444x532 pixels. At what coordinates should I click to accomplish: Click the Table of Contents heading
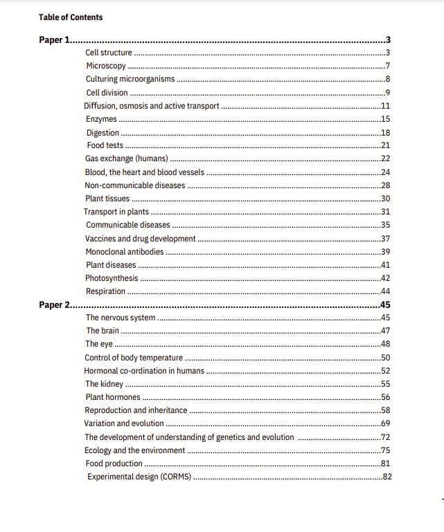[71, 17]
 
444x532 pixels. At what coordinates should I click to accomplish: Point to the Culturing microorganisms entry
[130, 79]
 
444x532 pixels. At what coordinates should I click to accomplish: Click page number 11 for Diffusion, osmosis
[386, 106]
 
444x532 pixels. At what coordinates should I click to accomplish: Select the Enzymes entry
[101, 119]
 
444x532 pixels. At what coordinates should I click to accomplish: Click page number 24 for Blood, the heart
[386, 172]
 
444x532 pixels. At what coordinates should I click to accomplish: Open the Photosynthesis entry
[112, 278]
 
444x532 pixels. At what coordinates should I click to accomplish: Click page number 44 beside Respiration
[386, 291]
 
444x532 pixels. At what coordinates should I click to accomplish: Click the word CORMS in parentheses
[176, 477]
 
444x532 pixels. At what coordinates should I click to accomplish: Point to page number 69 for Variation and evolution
[386, 423]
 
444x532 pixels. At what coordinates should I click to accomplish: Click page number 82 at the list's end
[387, 477]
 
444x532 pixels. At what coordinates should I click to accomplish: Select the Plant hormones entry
[113, 397]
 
